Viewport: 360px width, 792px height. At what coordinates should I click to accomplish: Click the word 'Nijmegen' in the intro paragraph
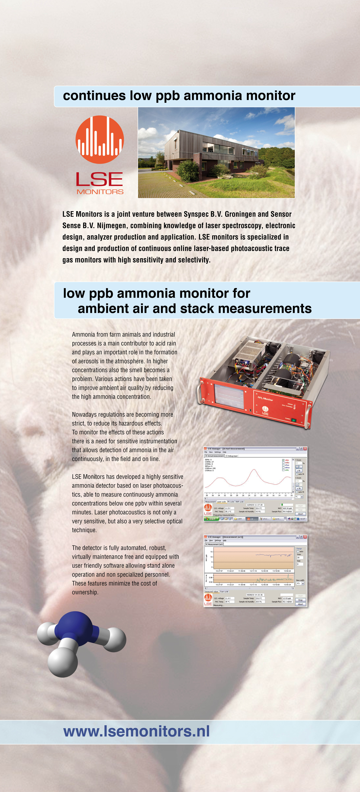[x=111, y=226]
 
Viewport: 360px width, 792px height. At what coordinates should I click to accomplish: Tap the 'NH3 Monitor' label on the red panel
[x=265, y=399]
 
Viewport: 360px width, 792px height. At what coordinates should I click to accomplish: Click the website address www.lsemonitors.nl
[x=136, y=731]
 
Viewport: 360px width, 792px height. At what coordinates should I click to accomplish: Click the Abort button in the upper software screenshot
[x=300, y=514]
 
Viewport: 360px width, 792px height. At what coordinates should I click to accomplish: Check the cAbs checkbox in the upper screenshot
[x=283, y=460]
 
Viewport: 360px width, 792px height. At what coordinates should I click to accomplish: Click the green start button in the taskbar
[x=212, y=519]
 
